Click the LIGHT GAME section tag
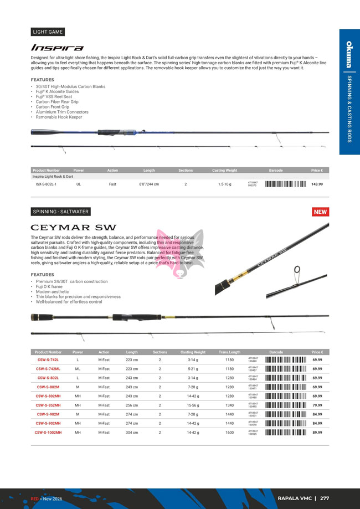48,32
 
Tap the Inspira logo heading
57,48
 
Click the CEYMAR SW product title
73,227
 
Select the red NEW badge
321,212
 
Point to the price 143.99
317,184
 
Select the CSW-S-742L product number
48,360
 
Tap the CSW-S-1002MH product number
48,433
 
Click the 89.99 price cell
317,433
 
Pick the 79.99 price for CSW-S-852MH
317,405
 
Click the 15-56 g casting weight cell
193,405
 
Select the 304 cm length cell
132,433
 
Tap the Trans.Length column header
229,352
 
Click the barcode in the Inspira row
285,184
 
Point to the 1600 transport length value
229,433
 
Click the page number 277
325,498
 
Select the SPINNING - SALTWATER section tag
60,212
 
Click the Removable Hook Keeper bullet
59,117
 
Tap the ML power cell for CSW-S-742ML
78,369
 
